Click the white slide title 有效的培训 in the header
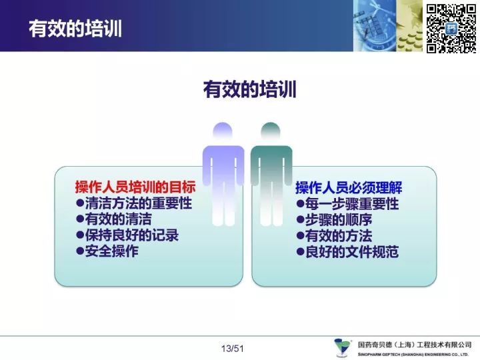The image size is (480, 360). tap(75, 29)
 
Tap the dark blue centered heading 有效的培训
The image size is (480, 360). tap(249, 89)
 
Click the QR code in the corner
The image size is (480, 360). tap(451, 29)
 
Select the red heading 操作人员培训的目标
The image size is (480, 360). tap(135, 187)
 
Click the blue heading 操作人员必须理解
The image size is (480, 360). tap(349, 187)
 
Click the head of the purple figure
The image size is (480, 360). tap(223, 131)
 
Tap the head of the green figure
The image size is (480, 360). tap(271, 131)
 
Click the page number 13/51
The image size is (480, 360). tap(233, 349)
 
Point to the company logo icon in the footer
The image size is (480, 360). tap(342, 347)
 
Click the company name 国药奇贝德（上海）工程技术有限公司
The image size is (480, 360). tap(415, 345)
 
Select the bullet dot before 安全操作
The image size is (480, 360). tap(80, 251)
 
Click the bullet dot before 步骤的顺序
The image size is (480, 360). tap(300, 219)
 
